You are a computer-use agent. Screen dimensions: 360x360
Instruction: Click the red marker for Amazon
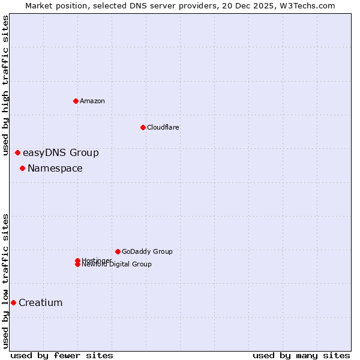76,101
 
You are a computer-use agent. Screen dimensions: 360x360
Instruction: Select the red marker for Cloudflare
143,127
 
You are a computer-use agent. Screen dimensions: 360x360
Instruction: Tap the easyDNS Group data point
17,153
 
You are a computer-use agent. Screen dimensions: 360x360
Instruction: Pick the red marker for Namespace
22,169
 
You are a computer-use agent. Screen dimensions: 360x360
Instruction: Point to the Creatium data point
13,303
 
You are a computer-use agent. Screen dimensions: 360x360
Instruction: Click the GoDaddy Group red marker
118,251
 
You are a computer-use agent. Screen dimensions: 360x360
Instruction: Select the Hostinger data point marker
77,260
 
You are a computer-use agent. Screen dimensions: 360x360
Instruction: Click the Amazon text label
92,101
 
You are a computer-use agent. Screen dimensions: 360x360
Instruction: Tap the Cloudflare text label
163,127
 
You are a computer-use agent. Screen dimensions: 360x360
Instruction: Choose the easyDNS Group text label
61,153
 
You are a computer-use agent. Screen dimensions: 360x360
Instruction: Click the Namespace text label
55,169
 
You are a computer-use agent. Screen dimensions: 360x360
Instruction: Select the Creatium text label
40,303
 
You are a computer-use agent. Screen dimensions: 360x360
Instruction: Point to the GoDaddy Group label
147,251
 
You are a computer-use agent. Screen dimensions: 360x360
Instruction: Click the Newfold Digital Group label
116,265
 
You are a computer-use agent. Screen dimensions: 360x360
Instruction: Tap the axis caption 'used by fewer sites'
62,355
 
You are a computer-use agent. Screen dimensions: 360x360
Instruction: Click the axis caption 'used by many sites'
301,355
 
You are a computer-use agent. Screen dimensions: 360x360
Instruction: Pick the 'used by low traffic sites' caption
6,281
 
